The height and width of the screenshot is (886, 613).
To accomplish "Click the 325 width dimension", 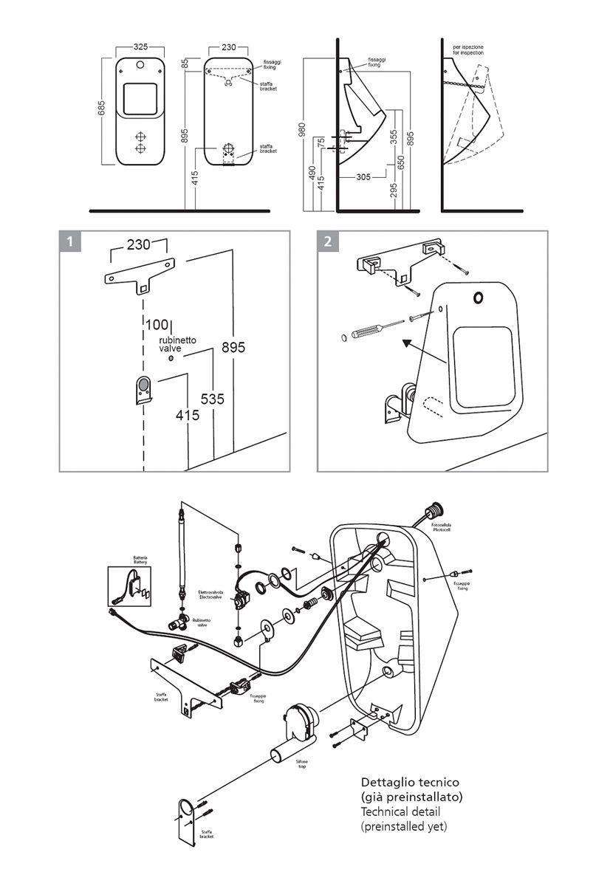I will [140, 47].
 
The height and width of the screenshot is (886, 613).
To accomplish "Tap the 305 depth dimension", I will [363, 177].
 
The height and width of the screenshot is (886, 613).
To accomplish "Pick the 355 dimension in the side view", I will [394, 138].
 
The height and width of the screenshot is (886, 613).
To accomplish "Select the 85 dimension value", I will [184, 65].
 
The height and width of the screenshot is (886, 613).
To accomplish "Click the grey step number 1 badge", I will [69, 241].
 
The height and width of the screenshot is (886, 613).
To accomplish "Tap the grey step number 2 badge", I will [327, 241].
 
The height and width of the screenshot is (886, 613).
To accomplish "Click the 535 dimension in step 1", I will [213, 399].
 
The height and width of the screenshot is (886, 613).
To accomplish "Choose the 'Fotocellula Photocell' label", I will [462, 528].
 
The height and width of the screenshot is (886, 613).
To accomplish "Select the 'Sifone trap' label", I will [302, 763].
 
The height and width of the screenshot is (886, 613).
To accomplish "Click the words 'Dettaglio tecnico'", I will [410, 781].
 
